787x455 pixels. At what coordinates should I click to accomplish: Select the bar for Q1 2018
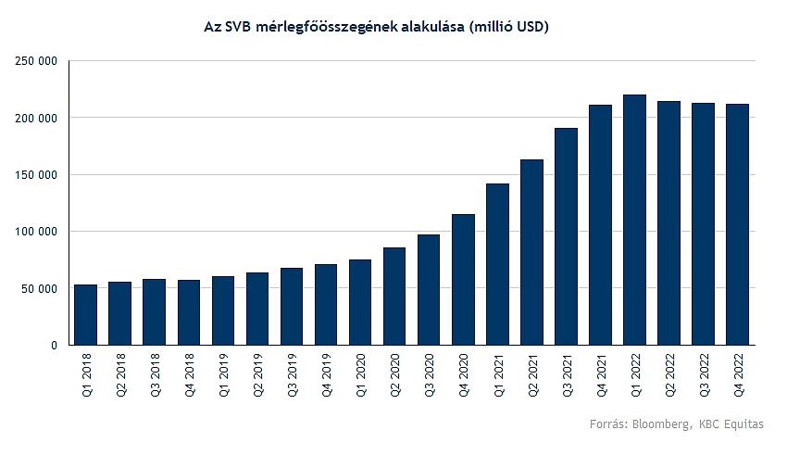(86, 314)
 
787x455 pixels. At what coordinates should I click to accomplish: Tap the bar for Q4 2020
(463, 279)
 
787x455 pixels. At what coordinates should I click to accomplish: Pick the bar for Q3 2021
(567, 236)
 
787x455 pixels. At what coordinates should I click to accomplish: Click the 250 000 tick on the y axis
(36, 61)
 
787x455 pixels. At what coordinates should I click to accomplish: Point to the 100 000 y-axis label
(36, 232)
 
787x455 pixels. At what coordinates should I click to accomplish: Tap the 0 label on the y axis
(54, 345)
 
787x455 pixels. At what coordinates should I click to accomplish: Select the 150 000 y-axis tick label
(36, 175)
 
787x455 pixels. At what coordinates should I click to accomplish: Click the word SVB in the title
(238, 27)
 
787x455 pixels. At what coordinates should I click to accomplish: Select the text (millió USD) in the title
(510, 27)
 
